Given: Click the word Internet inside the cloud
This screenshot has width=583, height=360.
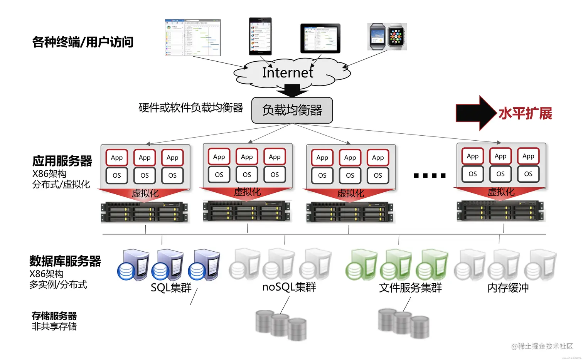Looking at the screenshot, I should tap(288, 72).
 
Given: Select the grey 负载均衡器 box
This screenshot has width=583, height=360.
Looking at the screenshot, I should tap(292, 110).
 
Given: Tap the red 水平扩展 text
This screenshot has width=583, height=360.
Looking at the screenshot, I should tap(525, 113).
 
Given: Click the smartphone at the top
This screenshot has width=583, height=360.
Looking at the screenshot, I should tap(260, 36).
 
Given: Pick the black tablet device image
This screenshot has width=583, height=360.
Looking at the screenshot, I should tap(320, 38).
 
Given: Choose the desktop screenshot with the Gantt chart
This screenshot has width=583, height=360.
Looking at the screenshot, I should tap(193, 37).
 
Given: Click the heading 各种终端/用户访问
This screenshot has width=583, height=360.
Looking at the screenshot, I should tap(83, 42).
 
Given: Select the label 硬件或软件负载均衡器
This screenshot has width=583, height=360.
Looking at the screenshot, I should tap(191, 108).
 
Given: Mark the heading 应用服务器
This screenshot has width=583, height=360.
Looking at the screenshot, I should tap(62, 161).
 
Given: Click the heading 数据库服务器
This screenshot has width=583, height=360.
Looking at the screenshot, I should tap(65, 261).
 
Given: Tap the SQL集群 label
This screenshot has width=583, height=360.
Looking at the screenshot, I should tap(171, 288).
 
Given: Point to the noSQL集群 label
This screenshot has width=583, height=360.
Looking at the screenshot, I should tap(289, 287).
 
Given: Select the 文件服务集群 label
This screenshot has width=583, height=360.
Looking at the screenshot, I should tap(410, 288).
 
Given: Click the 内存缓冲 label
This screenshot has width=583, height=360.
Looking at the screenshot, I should tap(508, 288).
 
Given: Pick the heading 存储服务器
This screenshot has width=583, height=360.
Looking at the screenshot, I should tap(54, 316).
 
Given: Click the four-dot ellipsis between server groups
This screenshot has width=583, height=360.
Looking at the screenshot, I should tap(430, 176).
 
